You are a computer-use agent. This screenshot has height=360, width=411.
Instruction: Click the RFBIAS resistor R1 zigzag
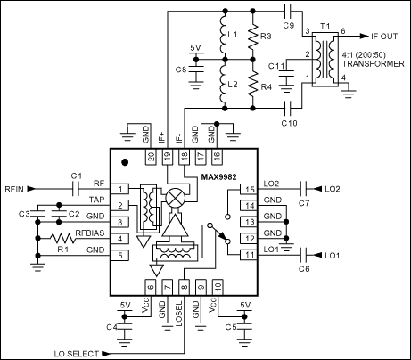67,239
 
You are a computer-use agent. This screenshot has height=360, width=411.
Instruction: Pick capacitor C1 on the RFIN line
75,190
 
